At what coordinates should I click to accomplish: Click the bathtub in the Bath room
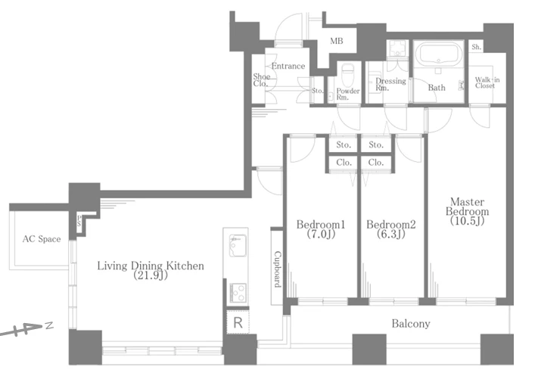tap(438, 54)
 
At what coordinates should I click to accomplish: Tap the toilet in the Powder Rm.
tap(348, 74)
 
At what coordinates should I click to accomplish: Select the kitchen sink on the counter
tap(238, 245)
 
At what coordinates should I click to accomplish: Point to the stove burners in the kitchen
tap(238, 293)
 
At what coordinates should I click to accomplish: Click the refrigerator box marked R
tap(238, 322)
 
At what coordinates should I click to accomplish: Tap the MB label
tap(337, 41)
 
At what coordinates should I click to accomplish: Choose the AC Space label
tap(42, 239)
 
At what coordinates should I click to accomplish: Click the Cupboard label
tap(278, 269)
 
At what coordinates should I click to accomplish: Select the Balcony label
tap(411, 324)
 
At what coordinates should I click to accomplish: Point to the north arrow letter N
tap(50, 325)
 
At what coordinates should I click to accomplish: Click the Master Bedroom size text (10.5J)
tap(467, 221)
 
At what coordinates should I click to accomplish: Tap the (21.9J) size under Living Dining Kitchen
tap(151, 275)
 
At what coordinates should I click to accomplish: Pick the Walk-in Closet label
tap(487, 82)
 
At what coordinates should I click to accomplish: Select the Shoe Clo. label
tap(261, 80)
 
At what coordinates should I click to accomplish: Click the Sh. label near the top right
tap(476, 47)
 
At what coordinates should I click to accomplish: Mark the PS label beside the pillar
tap(79, 221)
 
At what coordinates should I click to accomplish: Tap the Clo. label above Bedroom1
tap(344, 163)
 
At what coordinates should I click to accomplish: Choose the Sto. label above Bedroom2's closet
tap(376, 145)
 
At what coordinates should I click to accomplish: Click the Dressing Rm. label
tap(390, 84)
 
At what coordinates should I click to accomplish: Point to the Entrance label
tap(288, 66)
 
